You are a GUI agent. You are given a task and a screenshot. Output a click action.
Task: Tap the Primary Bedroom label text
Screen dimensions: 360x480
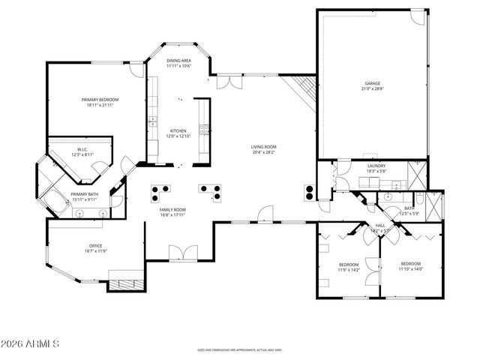coord(100,100)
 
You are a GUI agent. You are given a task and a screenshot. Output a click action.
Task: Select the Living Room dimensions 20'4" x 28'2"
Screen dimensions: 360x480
coord(264,152)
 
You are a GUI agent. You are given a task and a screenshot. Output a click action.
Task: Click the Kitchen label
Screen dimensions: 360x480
coord(178,130)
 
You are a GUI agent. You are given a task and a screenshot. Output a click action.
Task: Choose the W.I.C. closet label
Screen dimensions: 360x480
coord(82,149)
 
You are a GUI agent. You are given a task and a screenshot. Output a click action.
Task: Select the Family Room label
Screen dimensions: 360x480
coord(173,209)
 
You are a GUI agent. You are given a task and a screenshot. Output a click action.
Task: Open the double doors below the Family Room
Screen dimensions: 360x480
coord(182,254)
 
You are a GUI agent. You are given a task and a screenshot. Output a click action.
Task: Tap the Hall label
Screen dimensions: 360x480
coord(380,225)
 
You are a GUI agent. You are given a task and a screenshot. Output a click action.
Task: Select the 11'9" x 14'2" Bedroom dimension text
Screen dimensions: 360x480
coord(349,269)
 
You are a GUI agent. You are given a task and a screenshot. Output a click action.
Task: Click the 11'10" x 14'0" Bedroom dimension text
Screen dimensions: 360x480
coord(410,268)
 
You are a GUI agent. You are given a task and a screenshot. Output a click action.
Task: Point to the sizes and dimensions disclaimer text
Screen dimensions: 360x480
coord(239,349)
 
